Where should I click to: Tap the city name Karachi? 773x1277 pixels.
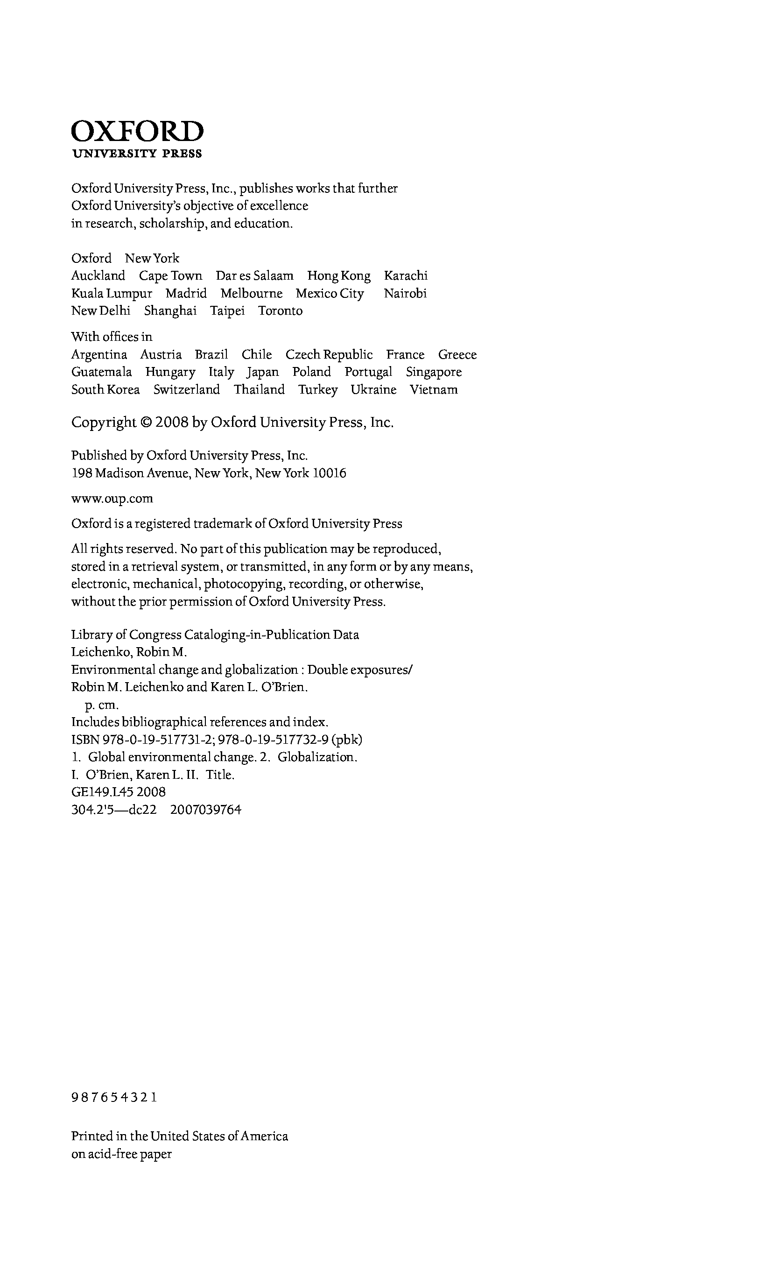click(406, 276)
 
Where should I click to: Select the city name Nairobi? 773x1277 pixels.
click(405, 293)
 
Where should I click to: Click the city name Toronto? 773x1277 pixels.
click(280, 311)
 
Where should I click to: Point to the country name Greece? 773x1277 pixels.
click(457, 354)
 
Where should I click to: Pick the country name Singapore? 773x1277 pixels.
click(434, 372)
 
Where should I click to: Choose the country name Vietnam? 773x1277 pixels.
click(434, 390)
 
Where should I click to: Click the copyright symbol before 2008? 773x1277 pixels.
click(146, 423)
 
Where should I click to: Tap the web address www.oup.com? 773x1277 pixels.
click(112, 499)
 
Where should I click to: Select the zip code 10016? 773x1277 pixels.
click(330, 473)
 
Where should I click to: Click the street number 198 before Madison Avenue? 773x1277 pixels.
click(81, 473)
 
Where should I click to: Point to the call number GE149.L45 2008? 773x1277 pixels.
click(118, 792)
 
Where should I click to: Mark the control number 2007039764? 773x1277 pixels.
click(206, 810)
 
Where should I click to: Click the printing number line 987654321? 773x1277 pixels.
click(114, 1097)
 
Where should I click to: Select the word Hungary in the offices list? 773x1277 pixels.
click(170, 372)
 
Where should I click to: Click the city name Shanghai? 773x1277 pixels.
click(170, 311)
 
